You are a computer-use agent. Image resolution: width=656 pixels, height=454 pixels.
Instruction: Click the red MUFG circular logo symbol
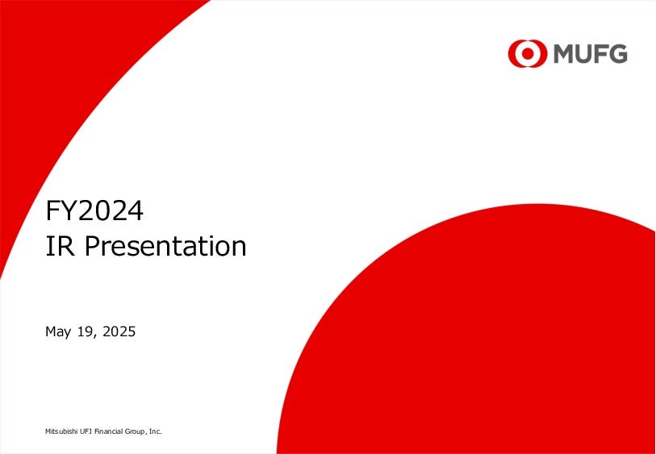click(x=528, y=53)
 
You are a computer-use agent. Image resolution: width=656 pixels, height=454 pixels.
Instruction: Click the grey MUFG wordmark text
click(x=591, y=54)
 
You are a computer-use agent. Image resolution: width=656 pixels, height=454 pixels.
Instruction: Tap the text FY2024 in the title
click(x=94, y=211)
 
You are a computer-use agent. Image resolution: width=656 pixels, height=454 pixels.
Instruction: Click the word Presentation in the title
click(x=165, y=246)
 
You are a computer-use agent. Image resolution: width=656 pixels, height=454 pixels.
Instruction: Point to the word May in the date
click(x=58, y=332)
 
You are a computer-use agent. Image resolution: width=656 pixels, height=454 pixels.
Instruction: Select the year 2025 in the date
click(x=119, y=331)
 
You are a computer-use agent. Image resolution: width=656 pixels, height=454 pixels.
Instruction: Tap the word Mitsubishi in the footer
click(x=58, y=431)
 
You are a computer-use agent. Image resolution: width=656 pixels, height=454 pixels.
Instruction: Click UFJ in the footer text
click(x=79, y=431)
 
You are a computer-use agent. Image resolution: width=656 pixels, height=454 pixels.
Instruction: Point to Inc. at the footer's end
click(x=156, y=431)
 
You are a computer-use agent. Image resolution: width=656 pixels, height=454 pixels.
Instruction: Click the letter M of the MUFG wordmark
click(x=565, y=54)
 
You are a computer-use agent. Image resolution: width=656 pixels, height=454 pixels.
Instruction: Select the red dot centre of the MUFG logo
click(x=528, y=53)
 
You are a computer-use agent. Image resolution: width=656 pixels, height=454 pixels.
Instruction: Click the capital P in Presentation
click(x=92, y=246)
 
